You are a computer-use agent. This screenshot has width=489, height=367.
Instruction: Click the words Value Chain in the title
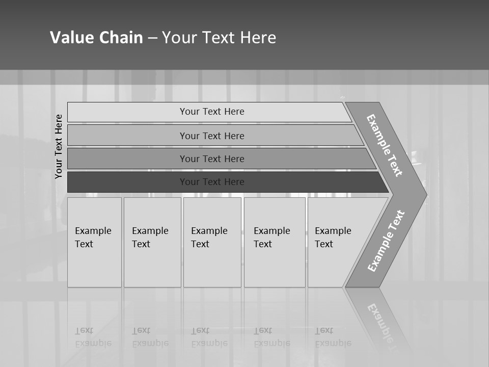click(96, 38)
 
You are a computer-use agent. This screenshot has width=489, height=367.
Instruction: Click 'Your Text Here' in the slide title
click(219, 38)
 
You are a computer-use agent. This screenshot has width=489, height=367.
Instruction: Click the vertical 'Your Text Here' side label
click(59, 146)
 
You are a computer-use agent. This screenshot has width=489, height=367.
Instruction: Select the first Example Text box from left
click(94, 242)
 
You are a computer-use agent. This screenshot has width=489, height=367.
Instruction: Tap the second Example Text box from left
click(152, 242)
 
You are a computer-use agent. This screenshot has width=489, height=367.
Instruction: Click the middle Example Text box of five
click(212, 242)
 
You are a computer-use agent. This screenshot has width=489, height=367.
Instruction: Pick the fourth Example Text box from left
click(275, 242)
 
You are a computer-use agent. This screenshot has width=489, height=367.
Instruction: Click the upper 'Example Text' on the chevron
click(385, 145)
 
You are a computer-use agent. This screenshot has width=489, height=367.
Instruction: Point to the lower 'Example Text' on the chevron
click(386, 241)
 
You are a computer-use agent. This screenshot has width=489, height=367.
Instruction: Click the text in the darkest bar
click(212, 182)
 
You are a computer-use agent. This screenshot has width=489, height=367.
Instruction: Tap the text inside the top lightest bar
click(212, 112)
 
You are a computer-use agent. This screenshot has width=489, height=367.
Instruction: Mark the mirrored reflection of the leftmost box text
click(93, 337)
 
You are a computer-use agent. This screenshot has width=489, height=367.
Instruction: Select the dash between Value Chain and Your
click(152, 38)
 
